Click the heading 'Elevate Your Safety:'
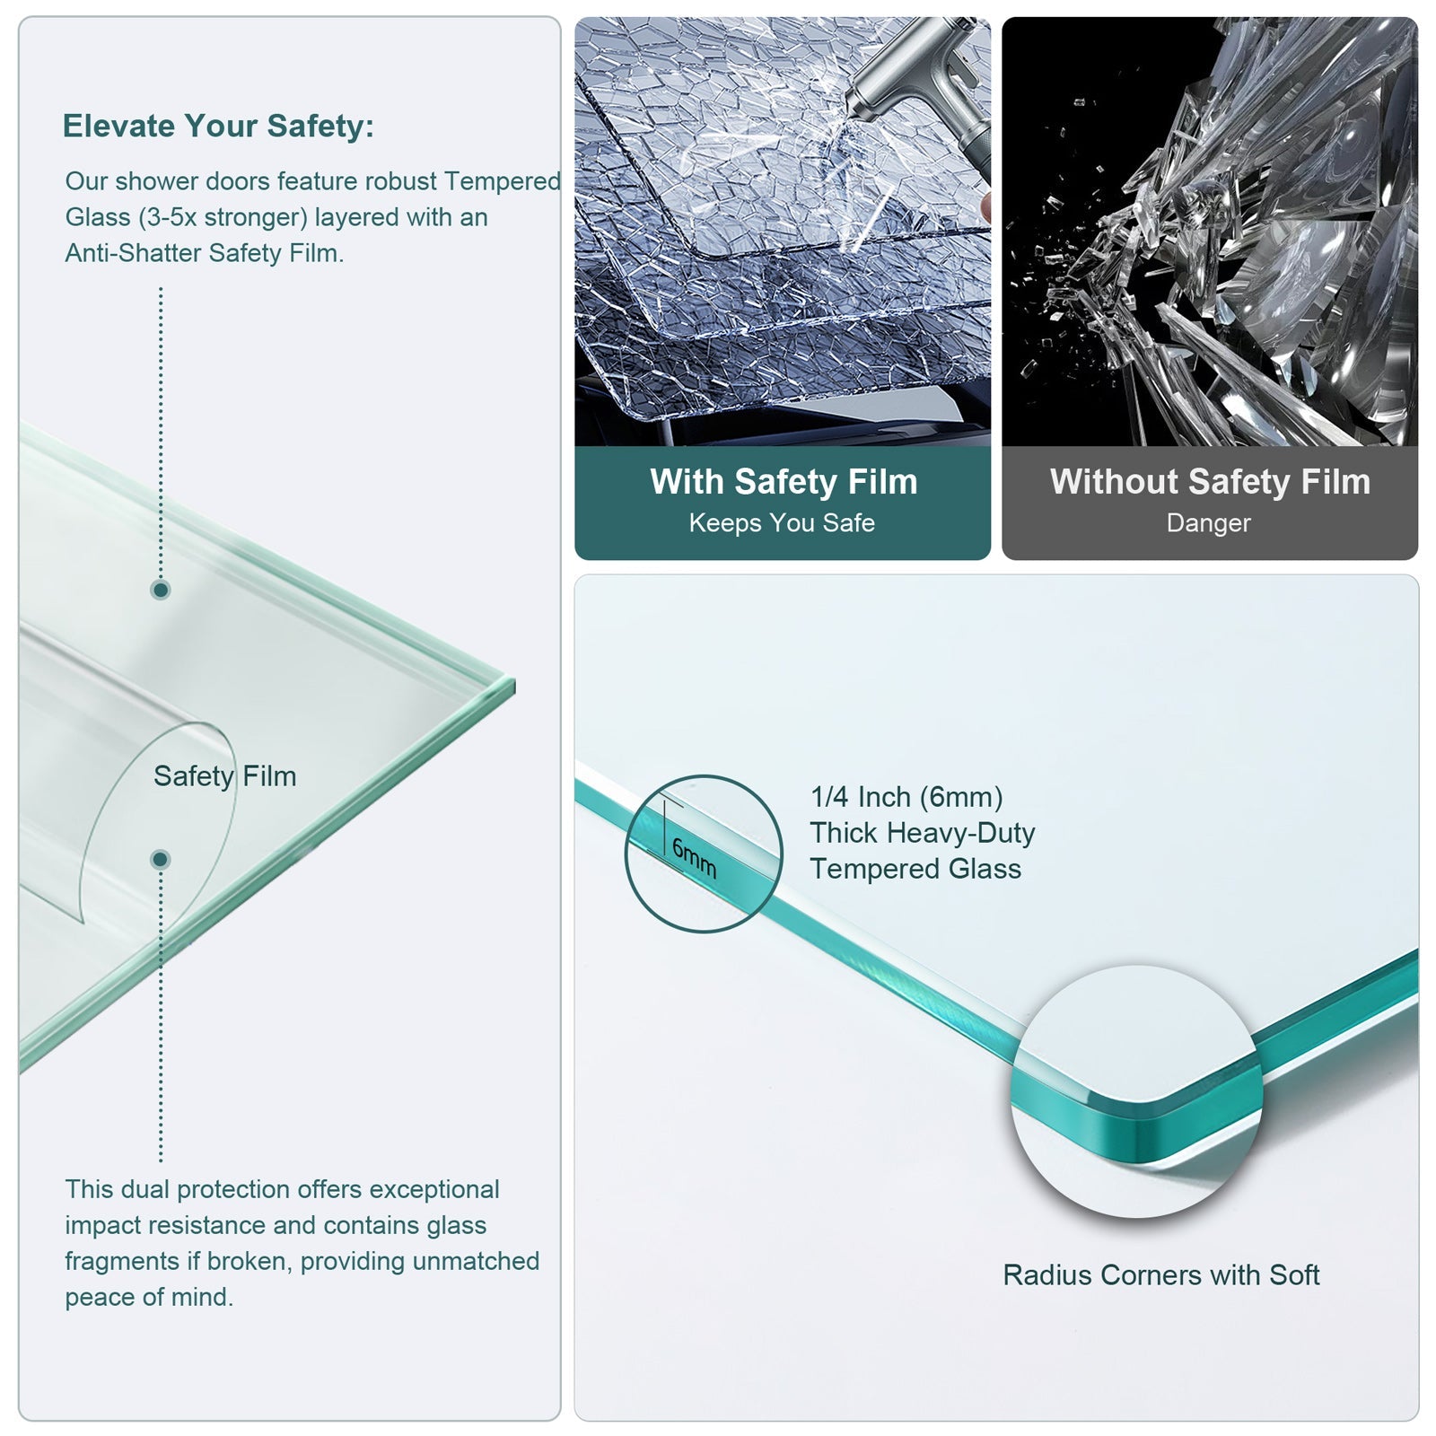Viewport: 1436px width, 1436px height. pos(218,126)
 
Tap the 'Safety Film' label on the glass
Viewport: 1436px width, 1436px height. pos(224,776)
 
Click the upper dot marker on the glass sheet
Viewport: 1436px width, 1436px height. pos(161,590)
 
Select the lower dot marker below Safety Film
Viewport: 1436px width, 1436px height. pos(161,860)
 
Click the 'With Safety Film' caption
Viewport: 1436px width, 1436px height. pos(784,482)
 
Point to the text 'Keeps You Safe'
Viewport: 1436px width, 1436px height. pos(782,522)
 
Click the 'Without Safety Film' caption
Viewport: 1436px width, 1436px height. pos(1210,482)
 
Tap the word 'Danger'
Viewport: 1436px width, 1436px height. pos(1208,522)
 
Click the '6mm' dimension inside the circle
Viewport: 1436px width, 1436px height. pos(694,858)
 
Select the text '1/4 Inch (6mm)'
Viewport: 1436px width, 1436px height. pos(906,797)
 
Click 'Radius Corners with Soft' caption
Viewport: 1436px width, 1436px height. pos(1161,1274)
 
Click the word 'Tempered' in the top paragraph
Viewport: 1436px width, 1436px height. pos(502,181)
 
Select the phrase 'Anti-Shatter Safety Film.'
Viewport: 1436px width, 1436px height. pos(205,253)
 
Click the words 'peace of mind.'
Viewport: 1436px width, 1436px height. pos(149,1297)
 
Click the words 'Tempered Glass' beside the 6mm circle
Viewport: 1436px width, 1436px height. pos(915,869)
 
